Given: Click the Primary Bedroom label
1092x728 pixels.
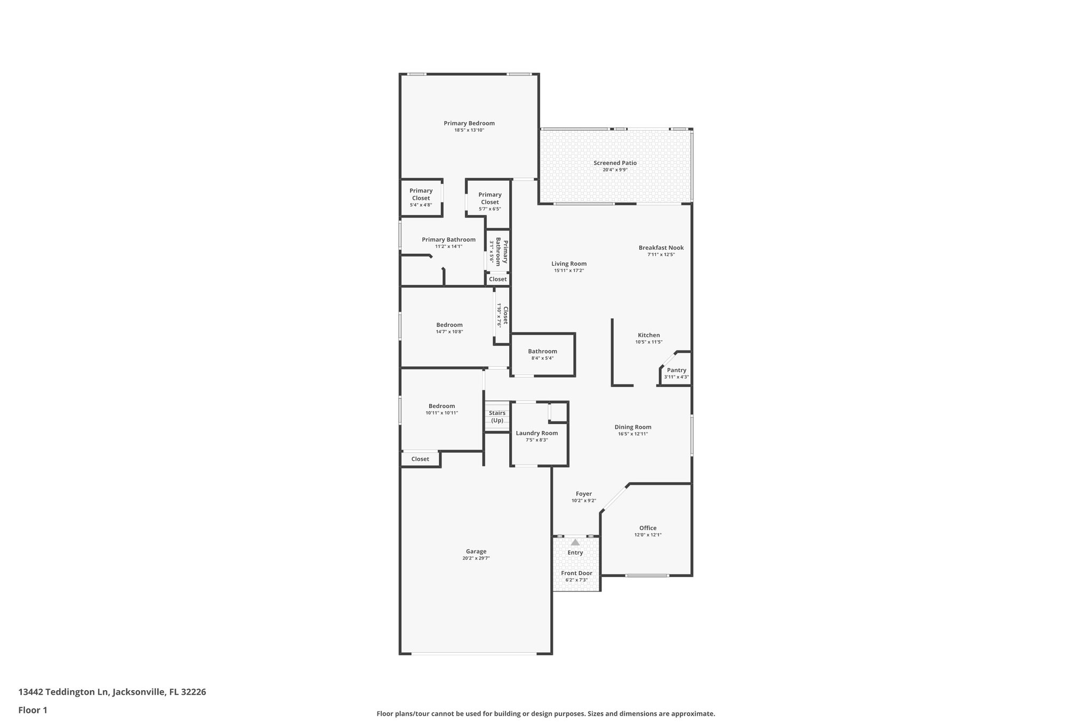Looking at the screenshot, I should pos(469,123).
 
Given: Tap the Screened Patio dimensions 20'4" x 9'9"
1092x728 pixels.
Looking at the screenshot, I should pos(615,170).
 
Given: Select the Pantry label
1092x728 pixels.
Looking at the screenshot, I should pos(676,370).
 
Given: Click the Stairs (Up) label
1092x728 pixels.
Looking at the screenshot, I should pos(497,417).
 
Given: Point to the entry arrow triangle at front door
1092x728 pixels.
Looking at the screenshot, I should pos(575,542).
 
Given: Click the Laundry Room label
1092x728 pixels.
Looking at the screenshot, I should pos(536,433).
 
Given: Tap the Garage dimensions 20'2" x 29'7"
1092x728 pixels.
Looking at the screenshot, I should pos(476,558).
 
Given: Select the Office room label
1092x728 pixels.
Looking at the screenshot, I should pos(648,528).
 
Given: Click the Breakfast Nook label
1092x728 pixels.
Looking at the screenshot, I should pos(661,247).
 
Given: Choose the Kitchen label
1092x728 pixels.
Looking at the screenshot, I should pos(648,335).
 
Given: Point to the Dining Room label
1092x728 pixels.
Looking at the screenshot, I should pos(633,427).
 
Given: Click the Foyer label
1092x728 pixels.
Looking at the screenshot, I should pos(583,494).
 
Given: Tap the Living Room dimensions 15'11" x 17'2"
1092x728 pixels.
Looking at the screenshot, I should pos(569,270).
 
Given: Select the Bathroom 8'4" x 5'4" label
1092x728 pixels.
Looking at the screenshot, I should pos(542,351).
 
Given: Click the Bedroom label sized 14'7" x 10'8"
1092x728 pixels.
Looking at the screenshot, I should pos(449,325).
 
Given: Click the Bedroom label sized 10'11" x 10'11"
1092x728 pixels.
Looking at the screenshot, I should pos(441,406).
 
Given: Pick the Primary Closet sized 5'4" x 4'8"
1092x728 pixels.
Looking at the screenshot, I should pos(421,194).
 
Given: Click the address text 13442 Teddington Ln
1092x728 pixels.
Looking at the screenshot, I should pos(63,692).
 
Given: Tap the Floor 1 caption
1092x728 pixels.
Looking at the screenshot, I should pos(33,710).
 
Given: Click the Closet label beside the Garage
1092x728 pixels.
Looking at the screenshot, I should pos(420,459).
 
